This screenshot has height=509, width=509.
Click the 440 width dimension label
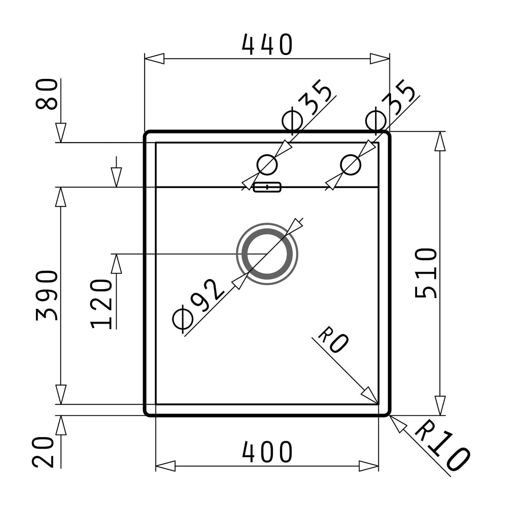[x=267, y=45]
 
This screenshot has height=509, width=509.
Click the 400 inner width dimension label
[x=267, y=452]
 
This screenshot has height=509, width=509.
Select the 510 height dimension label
[x=426, y=273]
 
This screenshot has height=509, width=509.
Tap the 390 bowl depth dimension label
[x=46, y=296]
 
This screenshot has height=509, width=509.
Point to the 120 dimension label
[x=101, y=304]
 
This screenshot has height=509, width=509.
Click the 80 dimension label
[x=46, y=94]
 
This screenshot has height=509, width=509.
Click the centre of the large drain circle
[x=267, y=254]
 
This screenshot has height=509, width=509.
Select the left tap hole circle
[x=267, y=165]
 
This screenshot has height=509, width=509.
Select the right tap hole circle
[x=350, y=165]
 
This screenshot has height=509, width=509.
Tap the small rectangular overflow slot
[x=267, y=187]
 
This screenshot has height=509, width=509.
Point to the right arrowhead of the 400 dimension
[x=368, y=466]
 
